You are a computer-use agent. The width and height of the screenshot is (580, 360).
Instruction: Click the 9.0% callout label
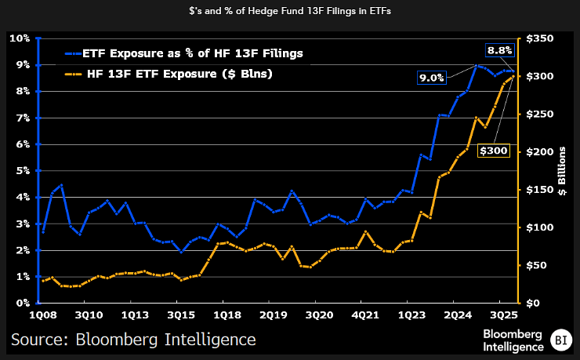[x=432, y=78]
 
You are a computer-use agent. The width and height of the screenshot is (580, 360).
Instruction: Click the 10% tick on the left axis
[x=20, y=38]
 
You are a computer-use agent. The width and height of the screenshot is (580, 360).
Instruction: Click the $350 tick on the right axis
[x=540, y=38]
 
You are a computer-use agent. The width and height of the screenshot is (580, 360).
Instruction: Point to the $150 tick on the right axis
[x=540, y=189]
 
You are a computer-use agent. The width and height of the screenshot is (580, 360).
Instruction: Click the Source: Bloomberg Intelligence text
[x=133, y=340]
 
